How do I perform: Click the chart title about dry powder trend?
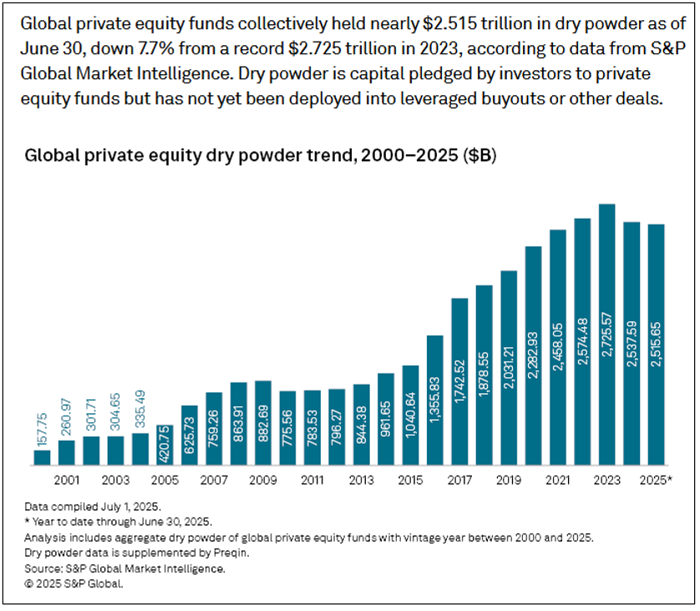point(261,155)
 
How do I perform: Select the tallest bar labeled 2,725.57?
point(607,334)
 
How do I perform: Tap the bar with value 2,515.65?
point(657,344)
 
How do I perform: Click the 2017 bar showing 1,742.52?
point(459,381)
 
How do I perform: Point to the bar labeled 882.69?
point(263,422)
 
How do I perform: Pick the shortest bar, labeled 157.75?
point(43,457)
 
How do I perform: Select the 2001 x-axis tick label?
point(67,482)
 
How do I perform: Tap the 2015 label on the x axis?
point(410,482)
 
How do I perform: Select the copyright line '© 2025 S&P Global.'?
point(74,583)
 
